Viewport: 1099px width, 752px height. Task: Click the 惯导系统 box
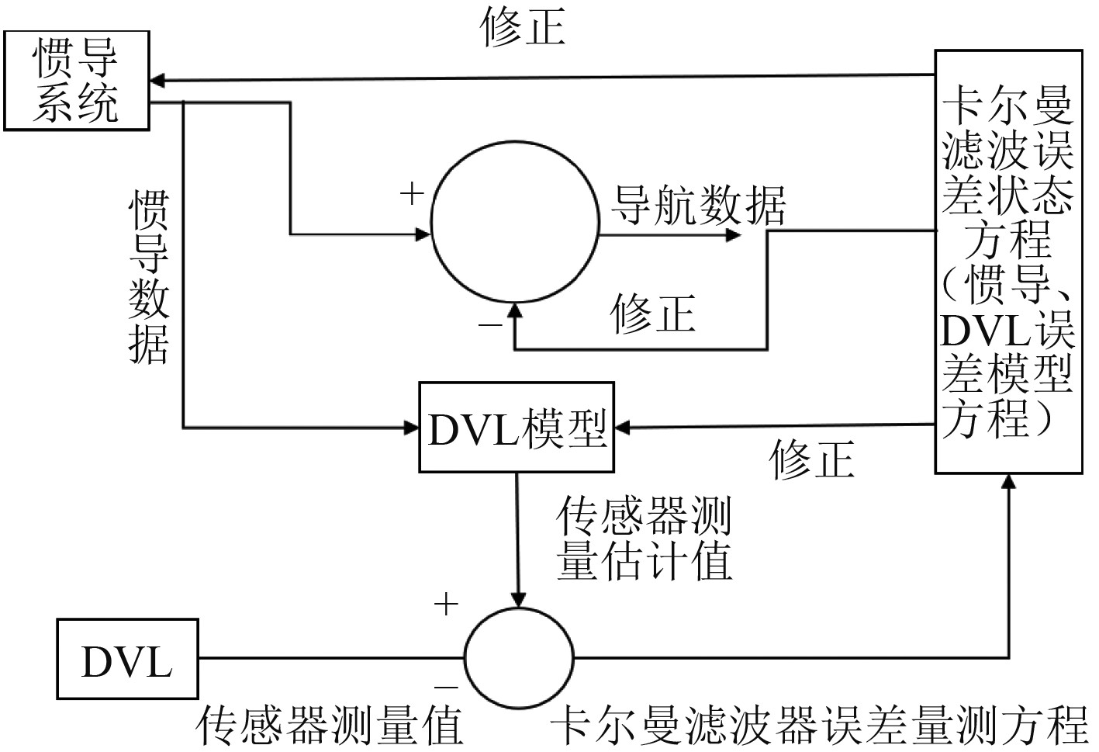pos(76,81)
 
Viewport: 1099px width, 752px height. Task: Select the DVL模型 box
pos(516,427)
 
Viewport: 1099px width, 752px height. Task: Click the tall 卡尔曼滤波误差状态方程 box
pos(1007,262)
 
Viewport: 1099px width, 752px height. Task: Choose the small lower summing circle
pos(519,659)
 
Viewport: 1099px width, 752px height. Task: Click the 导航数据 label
pos(699,205)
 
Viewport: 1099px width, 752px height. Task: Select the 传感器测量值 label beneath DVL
pos(329,726)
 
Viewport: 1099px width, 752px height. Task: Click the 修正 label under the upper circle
pos(652,314)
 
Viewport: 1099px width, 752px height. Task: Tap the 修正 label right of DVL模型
pos(811,459)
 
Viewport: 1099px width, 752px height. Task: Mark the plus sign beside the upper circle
pos(412,194)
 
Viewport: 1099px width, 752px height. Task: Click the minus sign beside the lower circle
pos(445,685)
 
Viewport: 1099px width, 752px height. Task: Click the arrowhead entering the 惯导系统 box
pos(157,80)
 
